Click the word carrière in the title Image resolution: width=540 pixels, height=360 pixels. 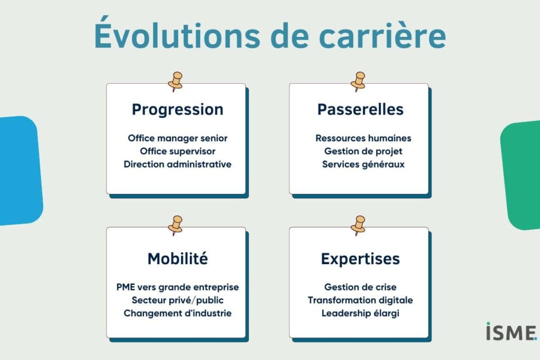[383, 36]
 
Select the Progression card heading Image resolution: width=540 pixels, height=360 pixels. [178, 110]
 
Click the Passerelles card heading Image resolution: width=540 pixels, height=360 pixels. [360, 110]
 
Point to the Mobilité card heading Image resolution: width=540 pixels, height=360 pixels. [178, 258]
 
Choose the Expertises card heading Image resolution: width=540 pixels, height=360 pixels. [360, 259]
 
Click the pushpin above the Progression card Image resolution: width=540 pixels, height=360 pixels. [176, 82]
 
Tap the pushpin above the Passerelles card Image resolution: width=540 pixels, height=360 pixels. [358, 82]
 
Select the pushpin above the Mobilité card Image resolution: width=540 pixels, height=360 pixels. [176, 226]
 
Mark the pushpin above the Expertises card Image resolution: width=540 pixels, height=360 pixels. [358, 226]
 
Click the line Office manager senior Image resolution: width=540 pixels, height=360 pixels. [178, 138]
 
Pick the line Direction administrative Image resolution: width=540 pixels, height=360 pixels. [178, 164]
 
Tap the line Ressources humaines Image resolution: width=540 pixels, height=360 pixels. [363, 138]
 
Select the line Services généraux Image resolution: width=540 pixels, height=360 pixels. [363, 164]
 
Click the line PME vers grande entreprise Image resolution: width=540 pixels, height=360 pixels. [178, 287]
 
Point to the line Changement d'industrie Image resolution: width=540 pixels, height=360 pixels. [178, 314]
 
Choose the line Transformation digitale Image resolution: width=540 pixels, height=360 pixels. [360, 300]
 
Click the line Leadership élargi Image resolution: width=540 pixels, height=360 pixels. [360, 314]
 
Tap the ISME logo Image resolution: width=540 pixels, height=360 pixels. [512, 332]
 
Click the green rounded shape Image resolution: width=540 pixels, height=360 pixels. [521, 175]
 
